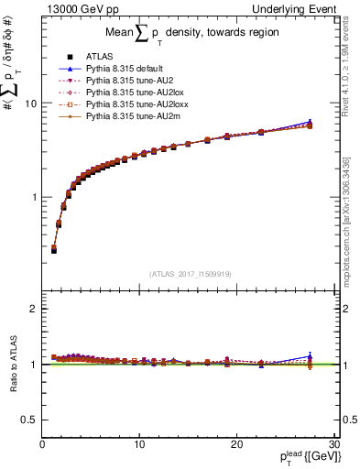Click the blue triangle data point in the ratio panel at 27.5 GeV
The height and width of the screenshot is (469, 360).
[310, 356]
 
